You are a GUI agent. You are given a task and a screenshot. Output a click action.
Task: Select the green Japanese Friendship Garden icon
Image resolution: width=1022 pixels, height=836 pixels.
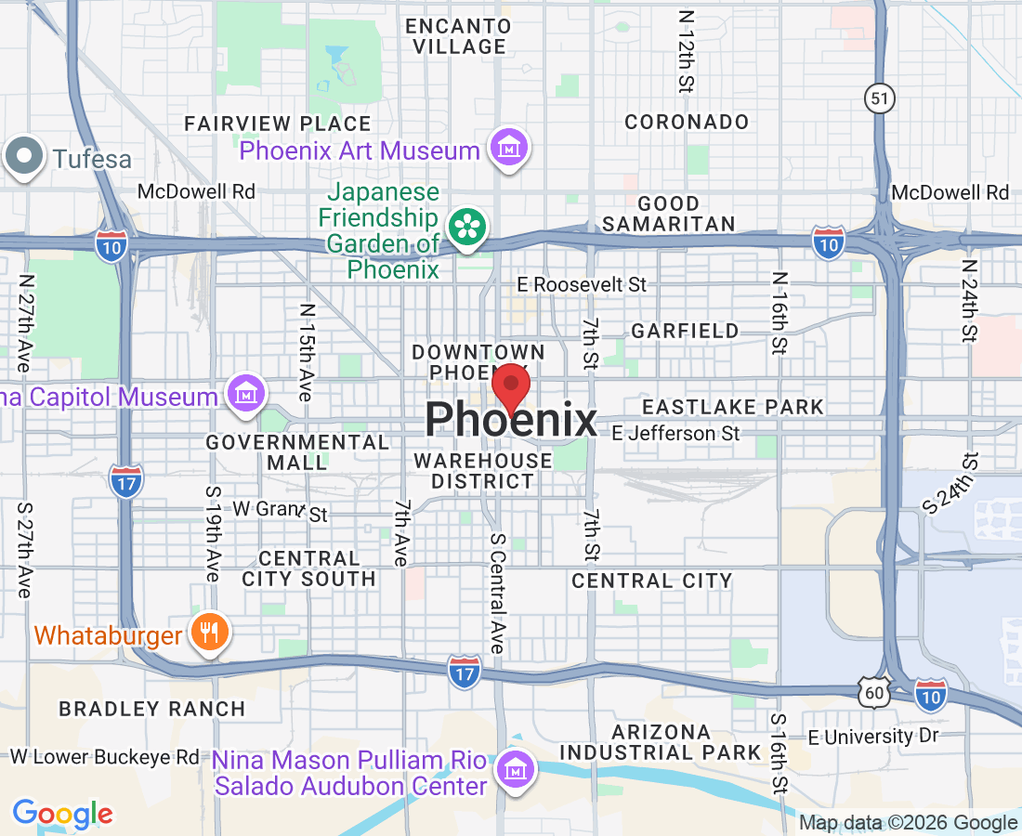(x=465, y=227)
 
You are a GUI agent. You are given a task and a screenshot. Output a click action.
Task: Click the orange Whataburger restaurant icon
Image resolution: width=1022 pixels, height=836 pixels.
(x=209, y=634)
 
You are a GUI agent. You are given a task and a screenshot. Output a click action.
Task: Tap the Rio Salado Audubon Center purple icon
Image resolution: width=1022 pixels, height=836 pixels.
(x=513, y=767)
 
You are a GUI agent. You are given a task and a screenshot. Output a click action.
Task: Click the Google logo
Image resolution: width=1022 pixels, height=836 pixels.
(x=62, y=815)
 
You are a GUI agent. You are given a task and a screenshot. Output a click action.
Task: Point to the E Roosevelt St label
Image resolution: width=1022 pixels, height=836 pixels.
(x=582, y=284)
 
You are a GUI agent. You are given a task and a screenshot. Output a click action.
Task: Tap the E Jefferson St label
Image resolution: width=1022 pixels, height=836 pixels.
(x=676, y=434)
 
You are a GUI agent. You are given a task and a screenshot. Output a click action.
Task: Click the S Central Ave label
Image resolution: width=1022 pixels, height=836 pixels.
(x=497, y=593)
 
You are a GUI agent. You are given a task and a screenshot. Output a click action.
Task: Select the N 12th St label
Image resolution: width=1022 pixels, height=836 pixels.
(x=687, y=52)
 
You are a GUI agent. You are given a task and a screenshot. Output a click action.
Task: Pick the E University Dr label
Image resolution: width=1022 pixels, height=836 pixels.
(x=873, y=737)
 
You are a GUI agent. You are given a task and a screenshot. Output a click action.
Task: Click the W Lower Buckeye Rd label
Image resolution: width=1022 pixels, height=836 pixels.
(x=104, y=757)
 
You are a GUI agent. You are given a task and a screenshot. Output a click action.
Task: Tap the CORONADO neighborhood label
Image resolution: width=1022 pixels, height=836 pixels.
(x=687, y=122)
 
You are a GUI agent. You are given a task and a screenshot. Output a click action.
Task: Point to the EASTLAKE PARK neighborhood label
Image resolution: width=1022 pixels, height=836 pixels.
(x=733, y=407)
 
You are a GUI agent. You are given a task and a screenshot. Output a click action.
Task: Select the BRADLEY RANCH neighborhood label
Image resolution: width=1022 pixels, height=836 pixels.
(x=152, y=709)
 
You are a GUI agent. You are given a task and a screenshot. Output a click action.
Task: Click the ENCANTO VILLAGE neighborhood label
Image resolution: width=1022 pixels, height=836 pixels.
(x=455, y=34)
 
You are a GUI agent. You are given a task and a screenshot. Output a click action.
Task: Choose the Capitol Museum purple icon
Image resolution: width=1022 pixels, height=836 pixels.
(x=246, y=395)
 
